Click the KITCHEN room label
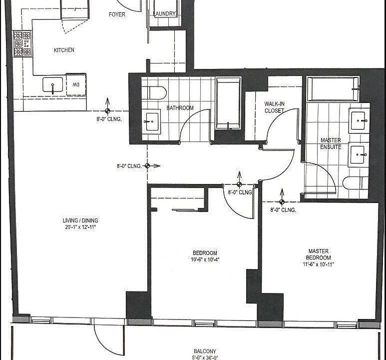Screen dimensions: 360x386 coord(64,50)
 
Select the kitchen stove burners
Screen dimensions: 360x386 coord(21,43)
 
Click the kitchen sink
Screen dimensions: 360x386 coord(52,85)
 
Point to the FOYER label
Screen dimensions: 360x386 coord(117,14)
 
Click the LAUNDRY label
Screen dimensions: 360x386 coord(165,14)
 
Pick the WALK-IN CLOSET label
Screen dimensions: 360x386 coord(274,107)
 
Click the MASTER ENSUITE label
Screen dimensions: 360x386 coord(331,144)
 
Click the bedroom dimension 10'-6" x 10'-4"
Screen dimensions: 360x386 coord(205,259)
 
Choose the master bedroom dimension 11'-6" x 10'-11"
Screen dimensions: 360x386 coord(319,264)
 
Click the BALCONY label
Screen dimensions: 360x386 coord(205,351)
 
